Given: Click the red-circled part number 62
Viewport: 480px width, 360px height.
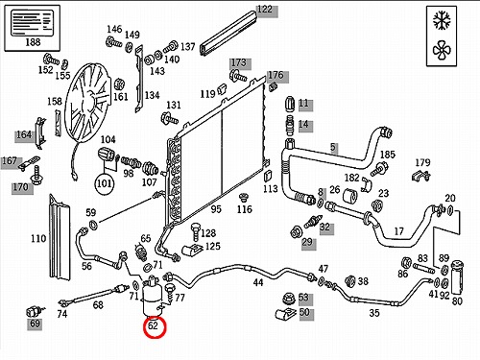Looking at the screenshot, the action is (154, 325).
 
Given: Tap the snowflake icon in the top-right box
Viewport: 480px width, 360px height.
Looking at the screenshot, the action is (442, 20).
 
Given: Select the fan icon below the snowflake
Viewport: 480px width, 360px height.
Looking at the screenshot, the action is (442, 50).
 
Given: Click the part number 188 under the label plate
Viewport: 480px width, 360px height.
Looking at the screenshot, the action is (33, 42).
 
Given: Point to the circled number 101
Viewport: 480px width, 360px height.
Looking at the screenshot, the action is (105, 183).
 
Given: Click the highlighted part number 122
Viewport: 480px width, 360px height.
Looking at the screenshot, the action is (265, 10).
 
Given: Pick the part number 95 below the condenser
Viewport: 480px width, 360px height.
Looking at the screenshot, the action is (216, 209).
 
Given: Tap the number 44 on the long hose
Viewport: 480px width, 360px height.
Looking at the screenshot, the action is (258, 282).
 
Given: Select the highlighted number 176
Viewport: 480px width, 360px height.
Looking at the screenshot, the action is (276, 75).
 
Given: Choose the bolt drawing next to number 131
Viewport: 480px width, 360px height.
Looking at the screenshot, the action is (169, 118).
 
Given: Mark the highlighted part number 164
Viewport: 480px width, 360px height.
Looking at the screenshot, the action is (24, 134).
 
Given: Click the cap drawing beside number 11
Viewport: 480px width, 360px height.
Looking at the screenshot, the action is (289, 104).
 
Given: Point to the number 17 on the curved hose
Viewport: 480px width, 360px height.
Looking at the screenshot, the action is (398, 231).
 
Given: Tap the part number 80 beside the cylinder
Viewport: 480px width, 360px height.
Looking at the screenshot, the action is (457, 300).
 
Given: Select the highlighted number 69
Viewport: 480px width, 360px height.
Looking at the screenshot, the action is (35, 324).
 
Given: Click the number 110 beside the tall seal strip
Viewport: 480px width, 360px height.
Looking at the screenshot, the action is (38, 238).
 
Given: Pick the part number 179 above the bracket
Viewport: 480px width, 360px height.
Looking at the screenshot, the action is (422, 162).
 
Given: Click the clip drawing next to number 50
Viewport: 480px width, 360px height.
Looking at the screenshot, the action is (286, 314).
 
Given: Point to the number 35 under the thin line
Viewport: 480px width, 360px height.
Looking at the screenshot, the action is (374, 313).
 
